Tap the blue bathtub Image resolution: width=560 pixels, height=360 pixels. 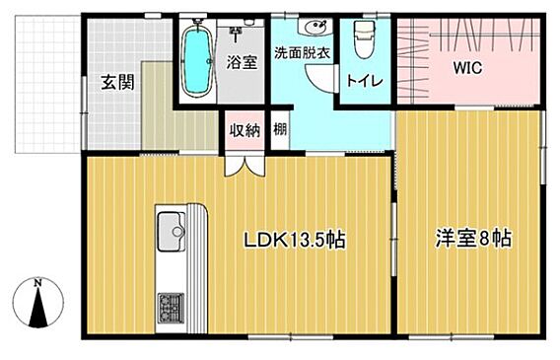pos(196,62)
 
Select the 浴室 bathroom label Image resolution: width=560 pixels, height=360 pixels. pos(242,62)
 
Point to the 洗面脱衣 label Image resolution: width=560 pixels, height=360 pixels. pos(302,53)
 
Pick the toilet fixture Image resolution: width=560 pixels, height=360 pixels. pos(364,39)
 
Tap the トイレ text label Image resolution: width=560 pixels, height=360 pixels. pos(365,81)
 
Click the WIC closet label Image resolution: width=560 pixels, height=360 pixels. pos(467,67)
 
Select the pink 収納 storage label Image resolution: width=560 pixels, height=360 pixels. pos(245,129)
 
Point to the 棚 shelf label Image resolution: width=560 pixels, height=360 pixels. pos(280,128)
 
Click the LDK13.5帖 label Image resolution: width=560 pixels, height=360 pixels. pos(294,240)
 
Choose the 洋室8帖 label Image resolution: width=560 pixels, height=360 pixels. pos(473,239)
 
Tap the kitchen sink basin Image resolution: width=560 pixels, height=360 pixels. pos(172,232)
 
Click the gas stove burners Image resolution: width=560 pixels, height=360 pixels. pos(172,308)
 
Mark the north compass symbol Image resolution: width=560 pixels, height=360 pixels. pos(37,302)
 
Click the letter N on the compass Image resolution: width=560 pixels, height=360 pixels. pos(37,284)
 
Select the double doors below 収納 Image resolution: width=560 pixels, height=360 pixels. pos(245,165)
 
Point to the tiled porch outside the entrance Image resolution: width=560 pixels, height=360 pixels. pos(48,84)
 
